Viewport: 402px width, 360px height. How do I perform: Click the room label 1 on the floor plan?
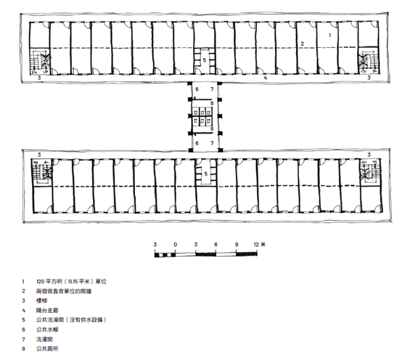330,35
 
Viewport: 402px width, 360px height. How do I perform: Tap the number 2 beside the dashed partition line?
303,44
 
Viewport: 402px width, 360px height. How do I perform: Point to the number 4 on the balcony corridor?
266,78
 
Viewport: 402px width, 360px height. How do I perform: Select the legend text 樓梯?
42,300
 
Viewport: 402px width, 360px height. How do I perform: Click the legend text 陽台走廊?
47,311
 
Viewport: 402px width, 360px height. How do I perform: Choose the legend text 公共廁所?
47,348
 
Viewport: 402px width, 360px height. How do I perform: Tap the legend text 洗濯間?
44,339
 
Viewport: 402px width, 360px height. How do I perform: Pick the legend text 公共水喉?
47,330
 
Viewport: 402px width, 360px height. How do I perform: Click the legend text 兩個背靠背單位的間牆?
64,291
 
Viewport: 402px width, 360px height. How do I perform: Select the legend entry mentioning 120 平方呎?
72,282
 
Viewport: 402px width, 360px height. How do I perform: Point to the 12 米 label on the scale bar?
260,245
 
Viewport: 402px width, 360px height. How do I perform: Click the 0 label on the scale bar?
176,245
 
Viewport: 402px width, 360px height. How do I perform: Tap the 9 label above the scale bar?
237,245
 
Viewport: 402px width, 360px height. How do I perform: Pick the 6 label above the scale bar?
216,245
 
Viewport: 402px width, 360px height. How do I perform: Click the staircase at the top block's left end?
39,61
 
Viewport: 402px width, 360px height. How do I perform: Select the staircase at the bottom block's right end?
371,172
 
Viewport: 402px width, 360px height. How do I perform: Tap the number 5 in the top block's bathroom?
205,60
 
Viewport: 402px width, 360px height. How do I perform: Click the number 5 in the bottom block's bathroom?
206,174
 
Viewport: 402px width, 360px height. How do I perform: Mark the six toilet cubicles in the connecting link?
202,116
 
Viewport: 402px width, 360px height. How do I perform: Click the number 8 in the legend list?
24,348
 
